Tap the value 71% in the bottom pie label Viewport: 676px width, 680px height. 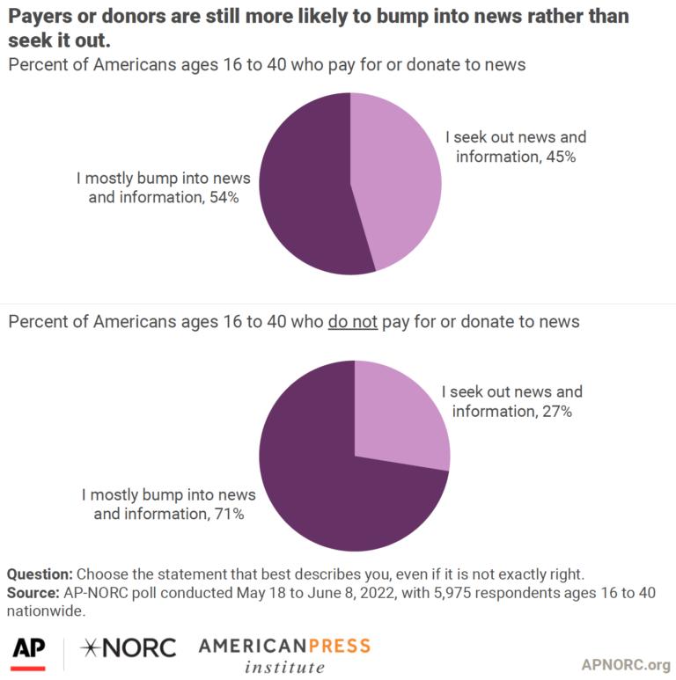(x=227, y=513)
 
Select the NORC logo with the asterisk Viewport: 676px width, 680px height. (x=128, y=648)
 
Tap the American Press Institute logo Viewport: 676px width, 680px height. (x=283, y=655)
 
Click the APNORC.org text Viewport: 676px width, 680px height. (x=626, y=664)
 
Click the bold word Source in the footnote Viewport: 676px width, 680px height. (x=32, y=593)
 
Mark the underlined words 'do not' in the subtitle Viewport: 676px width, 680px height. (x=352, y=322)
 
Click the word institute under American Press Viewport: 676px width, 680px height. (x=283, y=668)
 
